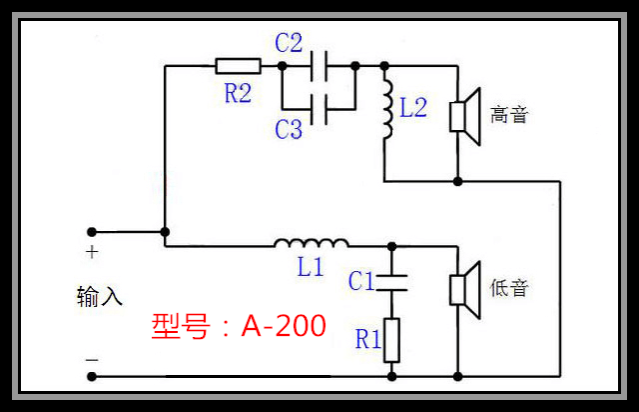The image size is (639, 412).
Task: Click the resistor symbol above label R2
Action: click(238, 66)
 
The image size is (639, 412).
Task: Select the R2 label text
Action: click(238, 93)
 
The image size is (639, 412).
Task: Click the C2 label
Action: click(289, 42)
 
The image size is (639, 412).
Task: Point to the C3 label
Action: click(289, 129)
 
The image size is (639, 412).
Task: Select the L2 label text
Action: click(413, 108)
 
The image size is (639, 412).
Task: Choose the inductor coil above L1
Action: click(312, 242)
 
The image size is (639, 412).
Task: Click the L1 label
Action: click(312, 268)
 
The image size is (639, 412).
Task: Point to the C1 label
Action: click(361, 282)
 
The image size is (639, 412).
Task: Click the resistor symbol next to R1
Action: click(391, 340)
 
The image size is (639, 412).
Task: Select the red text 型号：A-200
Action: click(239, 325)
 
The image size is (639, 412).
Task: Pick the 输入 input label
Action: click(100, 297)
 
